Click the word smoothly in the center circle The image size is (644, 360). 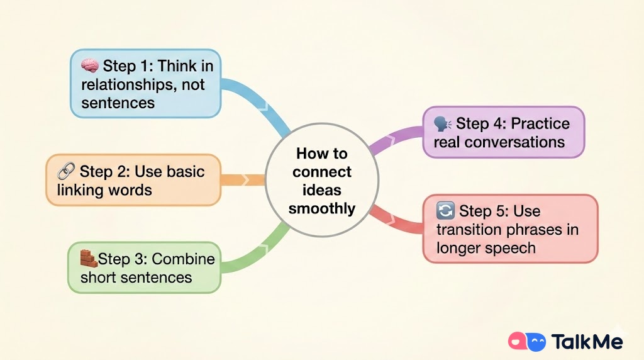coord(322,208)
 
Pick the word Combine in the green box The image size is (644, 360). coord(183,259)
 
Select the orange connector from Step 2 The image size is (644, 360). coord(243,180)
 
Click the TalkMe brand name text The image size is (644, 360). coord(587,342)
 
